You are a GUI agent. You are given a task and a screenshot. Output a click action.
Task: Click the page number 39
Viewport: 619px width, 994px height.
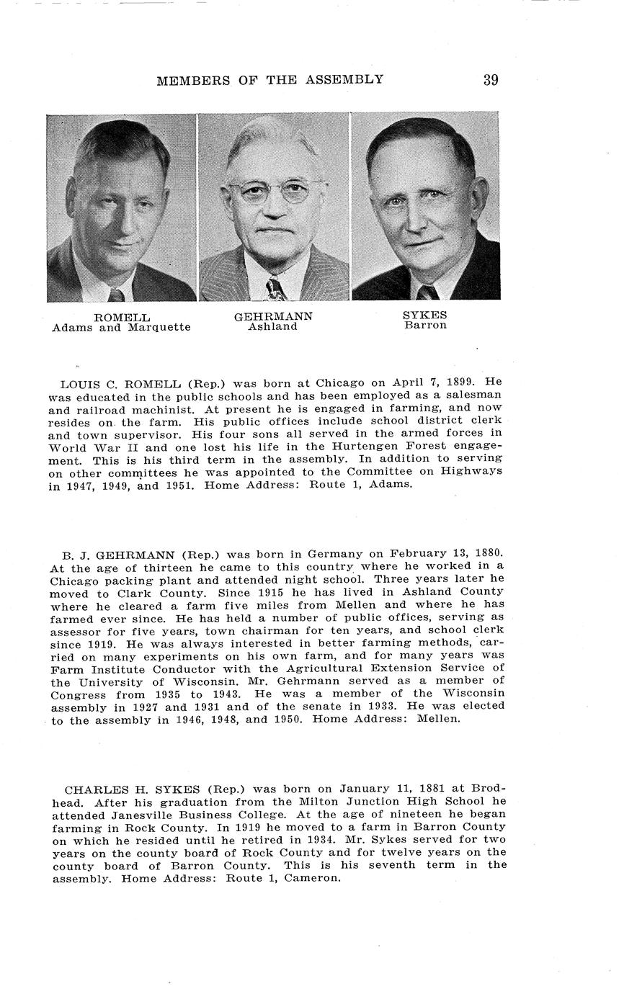pos(491,80)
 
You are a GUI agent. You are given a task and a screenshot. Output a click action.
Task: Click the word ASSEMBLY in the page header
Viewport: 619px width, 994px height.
pos(346,80)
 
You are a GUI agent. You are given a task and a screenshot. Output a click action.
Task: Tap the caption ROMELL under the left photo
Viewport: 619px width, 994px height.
pos(122,318)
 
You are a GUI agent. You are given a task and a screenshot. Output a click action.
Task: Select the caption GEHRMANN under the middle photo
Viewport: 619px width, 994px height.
pos(273,317)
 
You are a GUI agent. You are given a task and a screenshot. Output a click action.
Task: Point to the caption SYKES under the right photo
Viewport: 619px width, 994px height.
pos(425,315)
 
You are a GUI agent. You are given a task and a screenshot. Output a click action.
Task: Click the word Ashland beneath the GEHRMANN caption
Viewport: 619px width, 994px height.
pos(273,327)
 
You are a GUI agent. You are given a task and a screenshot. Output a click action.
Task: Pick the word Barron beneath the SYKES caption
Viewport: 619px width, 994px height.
pos(425,326)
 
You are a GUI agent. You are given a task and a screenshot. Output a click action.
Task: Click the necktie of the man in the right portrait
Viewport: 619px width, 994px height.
pos(427,293)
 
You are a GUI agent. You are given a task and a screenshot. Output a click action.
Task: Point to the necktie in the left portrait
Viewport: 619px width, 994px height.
pos(116,295)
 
